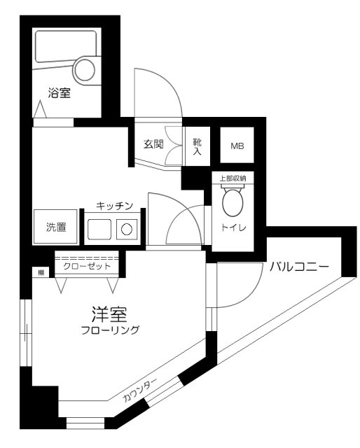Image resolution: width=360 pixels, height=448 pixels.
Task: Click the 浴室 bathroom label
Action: pyautogui.click(x=59, y=93)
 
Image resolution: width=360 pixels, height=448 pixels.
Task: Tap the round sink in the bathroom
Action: pyautogui.click(x=85, y=69)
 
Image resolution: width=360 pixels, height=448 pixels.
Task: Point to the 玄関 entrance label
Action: pyautogui.click(x=154, y=145)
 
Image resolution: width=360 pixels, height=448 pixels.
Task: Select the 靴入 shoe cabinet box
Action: pyautogui.click(x=197, y=146)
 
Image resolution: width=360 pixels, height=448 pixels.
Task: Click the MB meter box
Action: pyautogui.click(x=238, y=146)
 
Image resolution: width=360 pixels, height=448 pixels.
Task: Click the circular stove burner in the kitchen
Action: pyautogui.click(x=127, y=228)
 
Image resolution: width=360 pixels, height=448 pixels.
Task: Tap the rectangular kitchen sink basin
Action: pyautogui.click(x=99, y=228)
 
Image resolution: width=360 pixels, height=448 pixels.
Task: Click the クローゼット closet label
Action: pyautogui.click(x=86, y=266)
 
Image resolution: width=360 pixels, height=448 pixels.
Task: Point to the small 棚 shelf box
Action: pyautogui.click(x=41, y=272)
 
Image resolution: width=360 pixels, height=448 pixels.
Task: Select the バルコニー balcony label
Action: pyautogui.click(x=298, y=265)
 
